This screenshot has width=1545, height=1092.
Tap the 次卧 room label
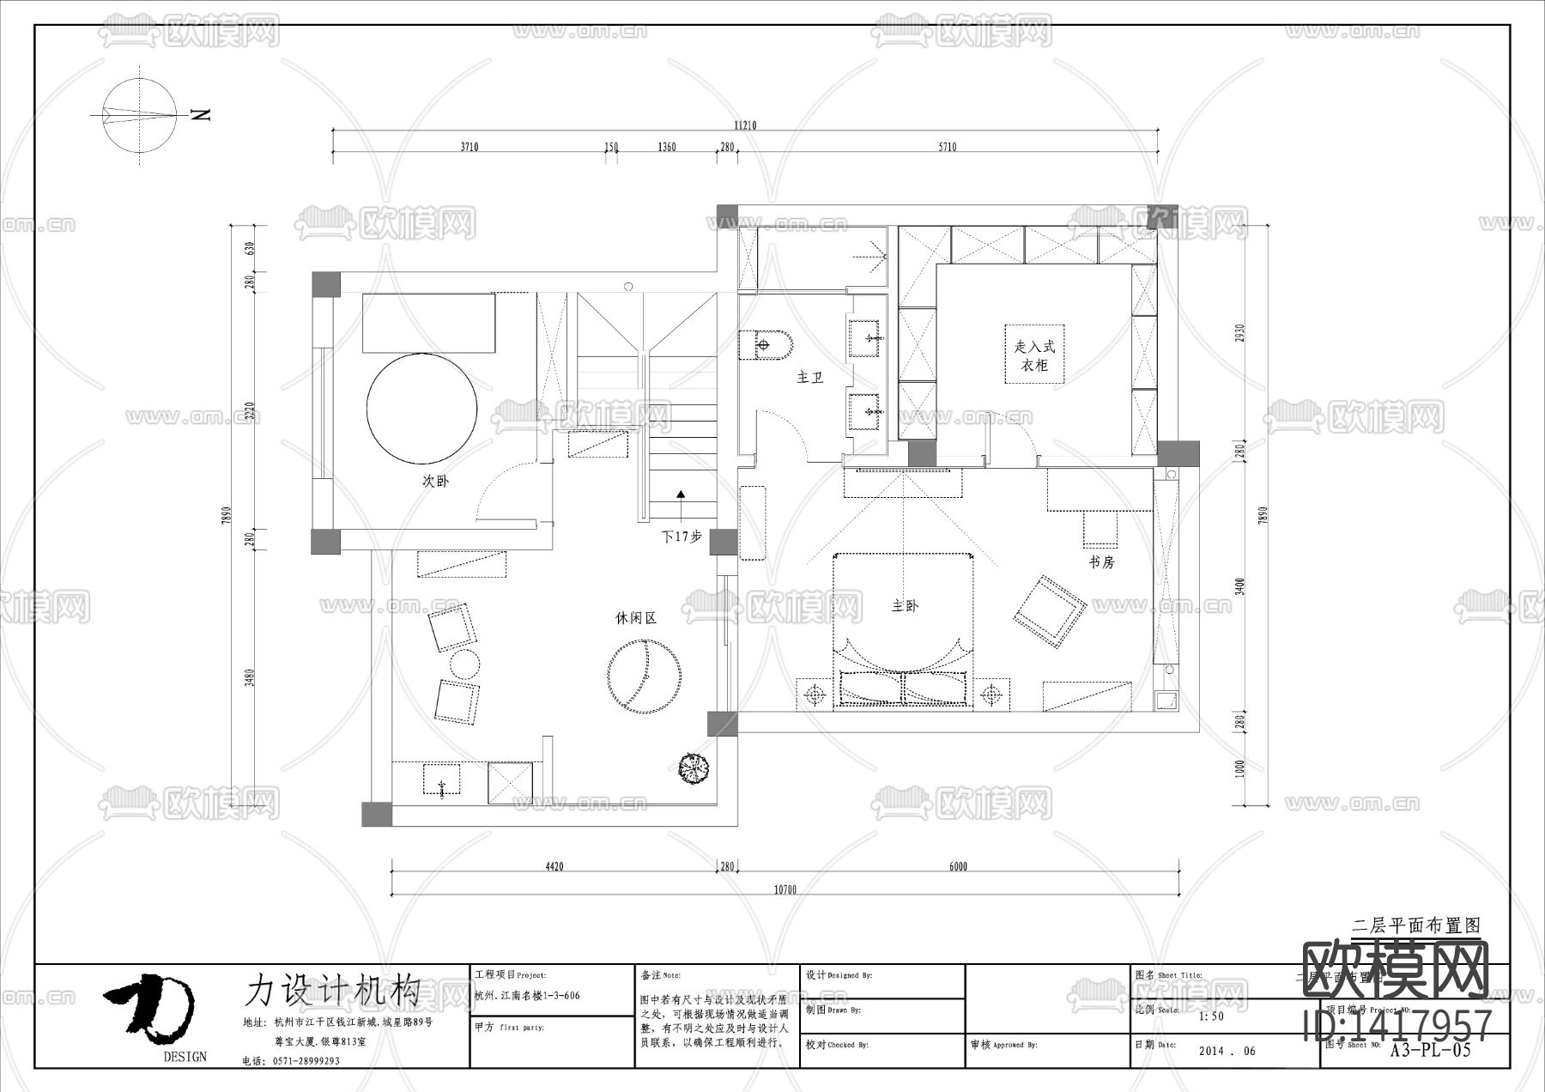pos(435,482)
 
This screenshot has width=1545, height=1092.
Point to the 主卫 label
pos(809,378)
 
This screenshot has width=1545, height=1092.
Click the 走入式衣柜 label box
pos(1034,355)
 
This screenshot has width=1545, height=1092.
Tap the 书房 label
pos(1101,562)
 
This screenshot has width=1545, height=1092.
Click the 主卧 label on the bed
pos(905,606)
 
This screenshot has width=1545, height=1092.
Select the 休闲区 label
pos(636,618)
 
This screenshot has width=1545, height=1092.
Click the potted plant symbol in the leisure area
pos(693,767)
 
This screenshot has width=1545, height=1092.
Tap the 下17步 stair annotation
pos(681,537)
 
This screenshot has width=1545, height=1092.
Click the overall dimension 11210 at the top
pos(744,125)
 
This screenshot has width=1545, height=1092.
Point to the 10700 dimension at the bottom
pos(785,889)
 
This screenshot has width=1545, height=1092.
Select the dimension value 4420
pos(554,866)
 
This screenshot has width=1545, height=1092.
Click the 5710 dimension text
pos(946,147)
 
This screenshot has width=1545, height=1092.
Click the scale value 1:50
pos(1211,1016)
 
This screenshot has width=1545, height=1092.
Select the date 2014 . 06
pos(1227,1051)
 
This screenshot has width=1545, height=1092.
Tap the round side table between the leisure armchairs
pos(464,664)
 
